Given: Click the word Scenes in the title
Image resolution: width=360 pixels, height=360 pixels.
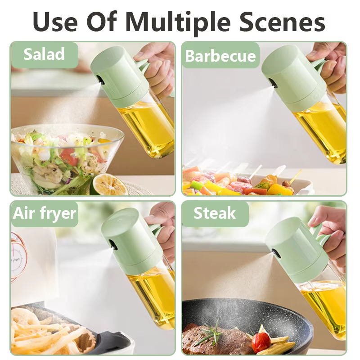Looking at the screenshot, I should point(282,21).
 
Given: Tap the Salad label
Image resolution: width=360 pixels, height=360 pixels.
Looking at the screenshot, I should point(44,54).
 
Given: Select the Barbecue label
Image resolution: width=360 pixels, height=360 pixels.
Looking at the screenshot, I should point(220,56).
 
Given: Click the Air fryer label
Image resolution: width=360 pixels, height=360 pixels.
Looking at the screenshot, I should point(45,212).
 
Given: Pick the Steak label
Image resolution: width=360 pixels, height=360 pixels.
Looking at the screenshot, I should point(215,212).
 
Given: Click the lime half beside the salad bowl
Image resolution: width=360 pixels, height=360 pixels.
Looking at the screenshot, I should point(108,184).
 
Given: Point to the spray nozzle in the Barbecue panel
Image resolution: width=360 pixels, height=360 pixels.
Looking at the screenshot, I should point(273,82).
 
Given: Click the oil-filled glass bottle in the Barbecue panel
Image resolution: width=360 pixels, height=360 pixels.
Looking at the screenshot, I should point(322,130).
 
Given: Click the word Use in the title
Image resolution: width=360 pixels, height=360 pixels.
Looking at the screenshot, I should point(58,21).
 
